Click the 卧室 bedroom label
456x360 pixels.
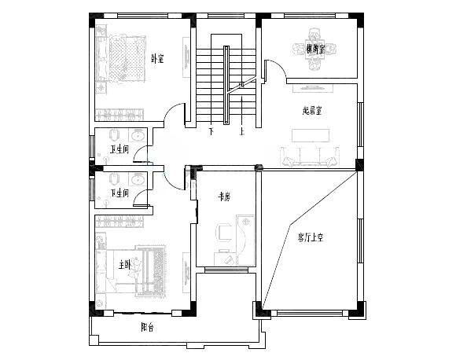(157, 57)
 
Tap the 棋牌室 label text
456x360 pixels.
(316, 50)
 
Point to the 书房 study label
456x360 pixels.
(224, 198)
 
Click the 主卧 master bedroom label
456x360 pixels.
(124, 265)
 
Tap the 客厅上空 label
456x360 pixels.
(312, 236)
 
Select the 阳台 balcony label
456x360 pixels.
(147, 327)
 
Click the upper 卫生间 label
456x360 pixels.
(120, 149)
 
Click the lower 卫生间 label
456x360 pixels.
(120, 193)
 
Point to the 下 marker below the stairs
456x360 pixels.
(211, 132)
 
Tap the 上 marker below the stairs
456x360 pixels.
(242, 132)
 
